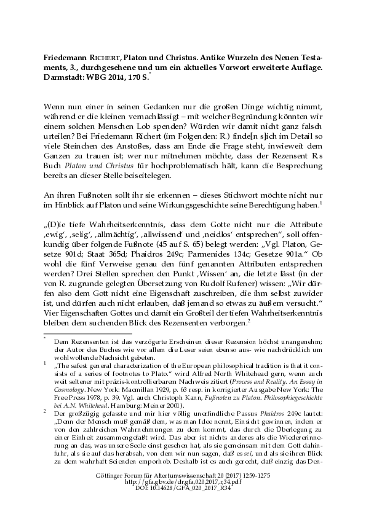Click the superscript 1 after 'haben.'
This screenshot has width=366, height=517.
point(321,201)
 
